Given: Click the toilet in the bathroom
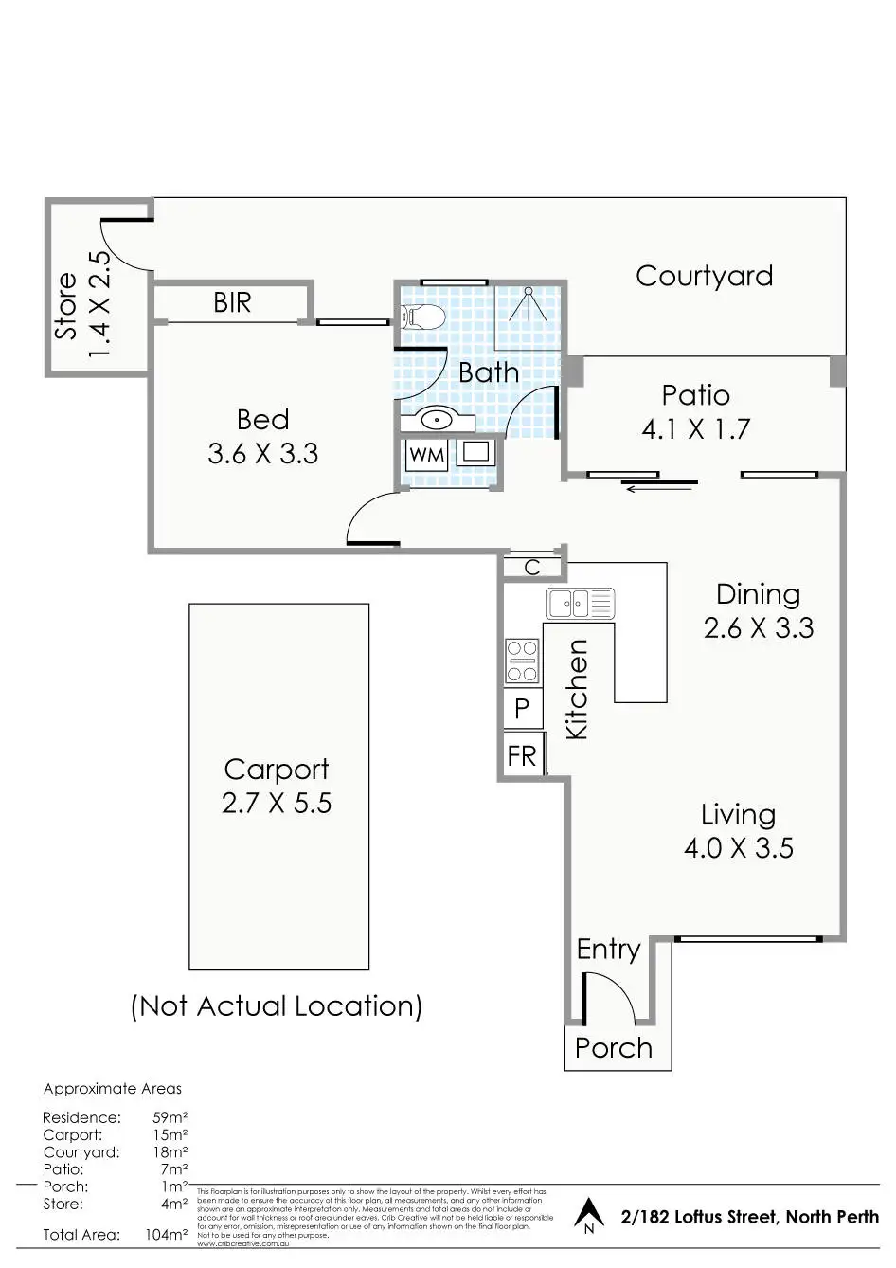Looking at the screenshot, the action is (x=423, y=317).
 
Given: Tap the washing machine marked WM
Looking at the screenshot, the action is (x=426, y=455).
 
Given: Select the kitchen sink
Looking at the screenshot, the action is (x=580, y=603).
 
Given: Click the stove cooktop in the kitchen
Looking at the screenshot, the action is (x=522, y=661).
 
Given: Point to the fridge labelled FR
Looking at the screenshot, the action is (x=522, y=755).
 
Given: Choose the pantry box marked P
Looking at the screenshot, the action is (x=522, y=708).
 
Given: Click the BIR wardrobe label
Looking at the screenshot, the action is (x=232, y=302).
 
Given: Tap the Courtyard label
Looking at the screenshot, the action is (x=704, y=276).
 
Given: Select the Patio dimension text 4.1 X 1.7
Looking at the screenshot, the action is (x=695, y=429).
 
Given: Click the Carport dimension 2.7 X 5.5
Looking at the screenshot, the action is (x=277, y=804).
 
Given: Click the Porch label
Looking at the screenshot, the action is (x=614, y=1048).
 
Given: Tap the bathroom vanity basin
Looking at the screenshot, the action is (x=438, y=418).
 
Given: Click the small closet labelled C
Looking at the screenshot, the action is (x=532, y=567).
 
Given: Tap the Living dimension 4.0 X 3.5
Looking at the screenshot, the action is (x=739, y=848).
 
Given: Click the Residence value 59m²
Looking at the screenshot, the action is (x=170, y=1117).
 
